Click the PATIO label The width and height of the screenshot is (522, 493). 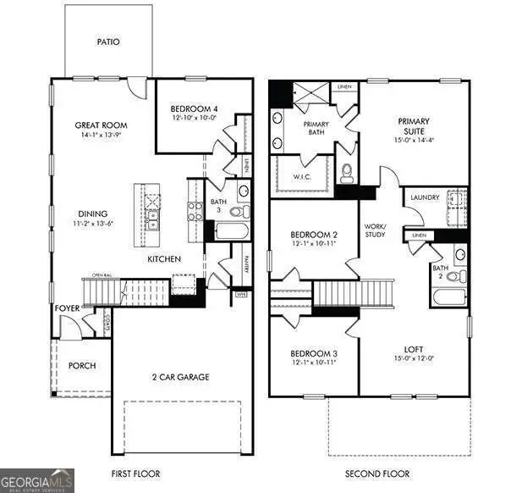point(107,40)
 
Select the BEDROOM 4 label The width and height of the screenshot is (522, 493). point(195,108)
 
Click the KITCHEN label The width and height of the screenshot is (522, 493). point(164,258)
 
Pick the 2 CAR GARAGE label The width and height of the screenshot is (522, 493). point(180,377)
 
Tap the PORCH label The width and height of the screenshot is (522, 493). point(82,366)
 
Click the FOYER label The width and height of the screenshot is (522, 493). point(68,309)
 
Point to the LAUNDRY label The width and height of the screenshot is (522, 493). point(424,197)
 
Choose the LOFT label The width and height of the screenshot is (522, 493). point(414,348)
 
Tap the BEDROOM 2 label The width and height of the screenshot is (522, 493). point(314,235)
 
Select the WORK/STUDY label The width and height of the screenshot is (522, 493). point(375,230)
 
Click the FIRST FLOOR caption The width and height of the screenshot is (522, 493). point(135,474)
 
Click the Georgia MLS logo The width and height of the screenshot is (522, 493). point(37,479)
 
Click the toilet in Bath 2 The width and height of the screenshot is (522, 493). point(453,276)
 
